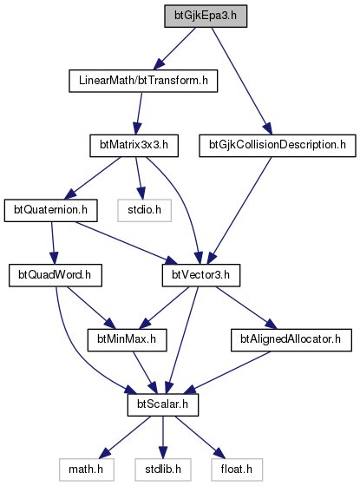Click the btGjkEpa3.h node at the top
[x=206, y=16]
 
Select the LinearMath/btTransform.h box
[x=143, y=81]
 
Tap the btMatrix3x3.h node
[x=134, y=146]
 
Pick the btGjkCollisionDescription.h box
[x=278, y=146]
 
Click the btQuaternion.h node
[x=51, y=210]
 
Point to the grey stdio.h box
[x=144, y=210]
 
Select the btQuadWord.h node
[x=56, y=275]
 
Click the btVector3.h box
[x=201, y=275]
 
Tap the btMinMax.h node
[x=127, y=340]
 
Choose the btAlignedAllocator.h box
[x=291, y=340]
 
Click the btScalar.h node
[x=163, y=404]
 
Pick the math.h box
[x=86, y=470]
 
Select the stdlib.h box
[x=163, y=470]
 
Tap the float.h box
[x=237, y=470]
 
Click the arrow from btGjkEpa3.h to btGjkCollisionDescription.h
[x=242, y=81]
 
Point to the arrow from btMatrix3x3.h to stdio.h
[x=139, y=178]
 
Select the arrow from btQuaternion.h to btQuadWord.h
[x=53, y=243]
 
